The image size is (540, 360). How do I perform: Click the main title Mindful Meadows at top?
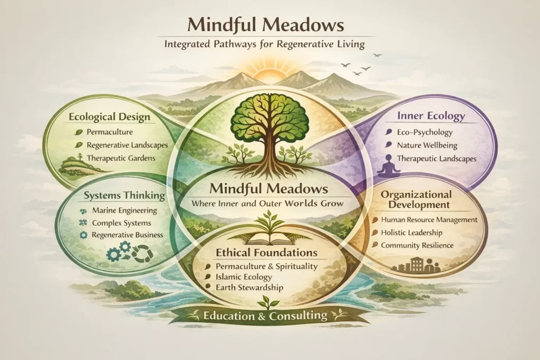(x=266, y=25)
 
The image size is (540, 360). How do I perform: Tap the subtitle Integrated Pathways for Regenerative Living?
(x=265, y=44)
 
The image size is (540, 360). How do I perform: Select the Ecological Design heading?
(x=110, y=116)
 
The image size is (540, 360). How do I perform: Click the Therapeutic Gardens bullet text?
(x=121, y=158)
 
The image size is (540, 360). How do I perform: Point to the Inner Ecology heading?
(x=431, y=116)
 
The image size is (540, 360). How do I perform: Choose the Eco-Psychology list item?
(x=425, y=132)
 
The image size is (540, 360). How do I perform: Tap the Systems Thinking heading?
(x=124, y=196)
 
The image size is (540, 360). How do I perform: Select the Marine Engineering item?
(x=124, y=210)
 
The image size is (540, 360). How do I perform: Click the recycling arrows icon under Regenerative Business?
(x=142, y=254)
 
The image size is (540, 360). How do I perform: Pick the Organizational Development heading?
(x=416, y=200)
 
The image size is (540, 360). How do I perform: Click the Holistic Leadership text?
(x=411, y=232)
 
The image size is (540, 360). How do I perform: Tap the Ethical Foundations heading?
(x=266, y=252)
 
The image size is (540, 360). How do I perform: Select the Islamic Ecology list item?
(x=244, y=277)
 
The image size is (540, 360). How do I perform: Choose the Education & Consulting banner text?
(x=265, y=316)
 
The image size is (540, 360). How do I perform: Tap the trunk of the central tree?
(x=266, y=147)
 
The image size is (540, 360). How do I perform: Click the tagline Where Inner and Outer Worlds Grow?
(x=267, y=203)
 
